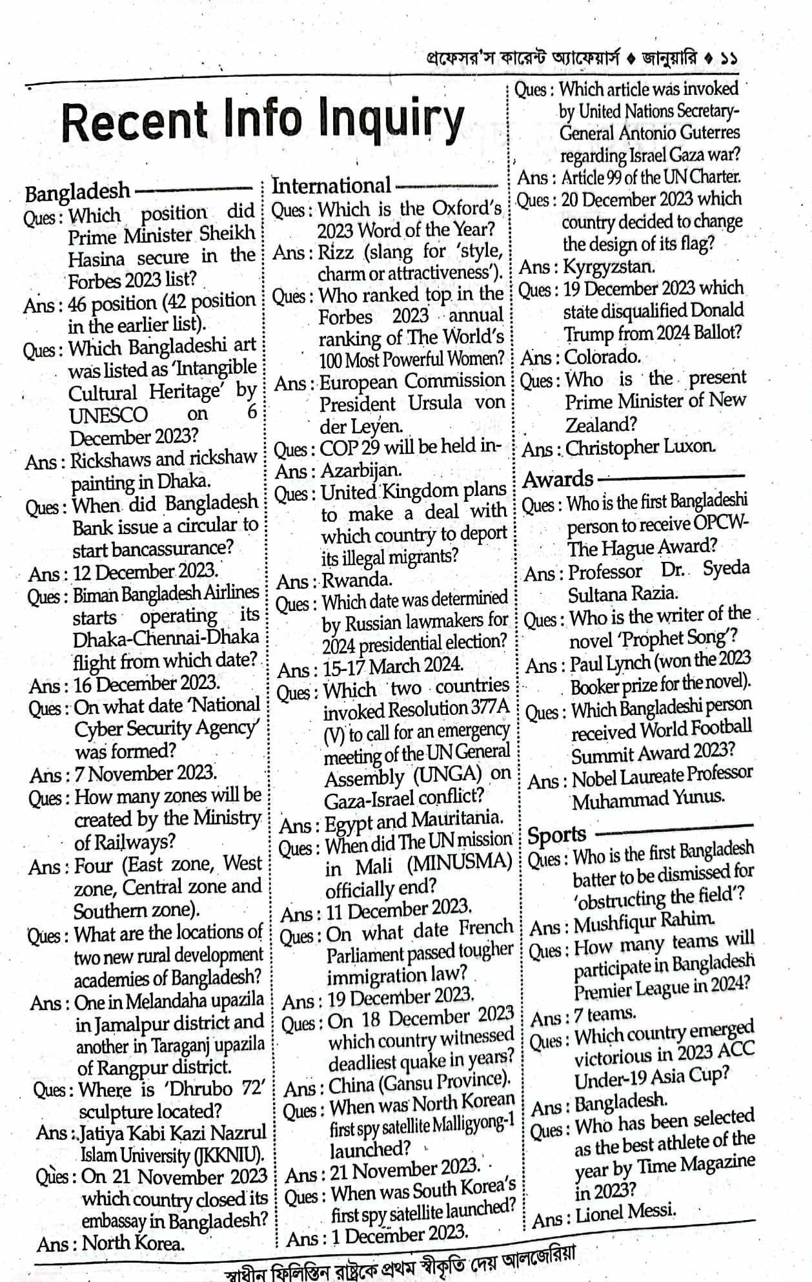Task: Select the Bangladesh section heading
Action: click(77, 192)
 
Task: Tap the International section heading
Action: click(331, 185)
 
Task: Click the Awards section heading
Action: click(558, 479)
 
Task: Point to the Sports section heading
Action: click(556, 835)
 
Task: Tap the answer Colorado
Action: click(602, 357)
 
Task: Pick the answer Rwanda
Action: click(357, 579)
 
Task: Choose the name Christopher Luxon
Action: click(640, 447)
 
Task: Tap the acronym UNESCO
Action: click(108, 415)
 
